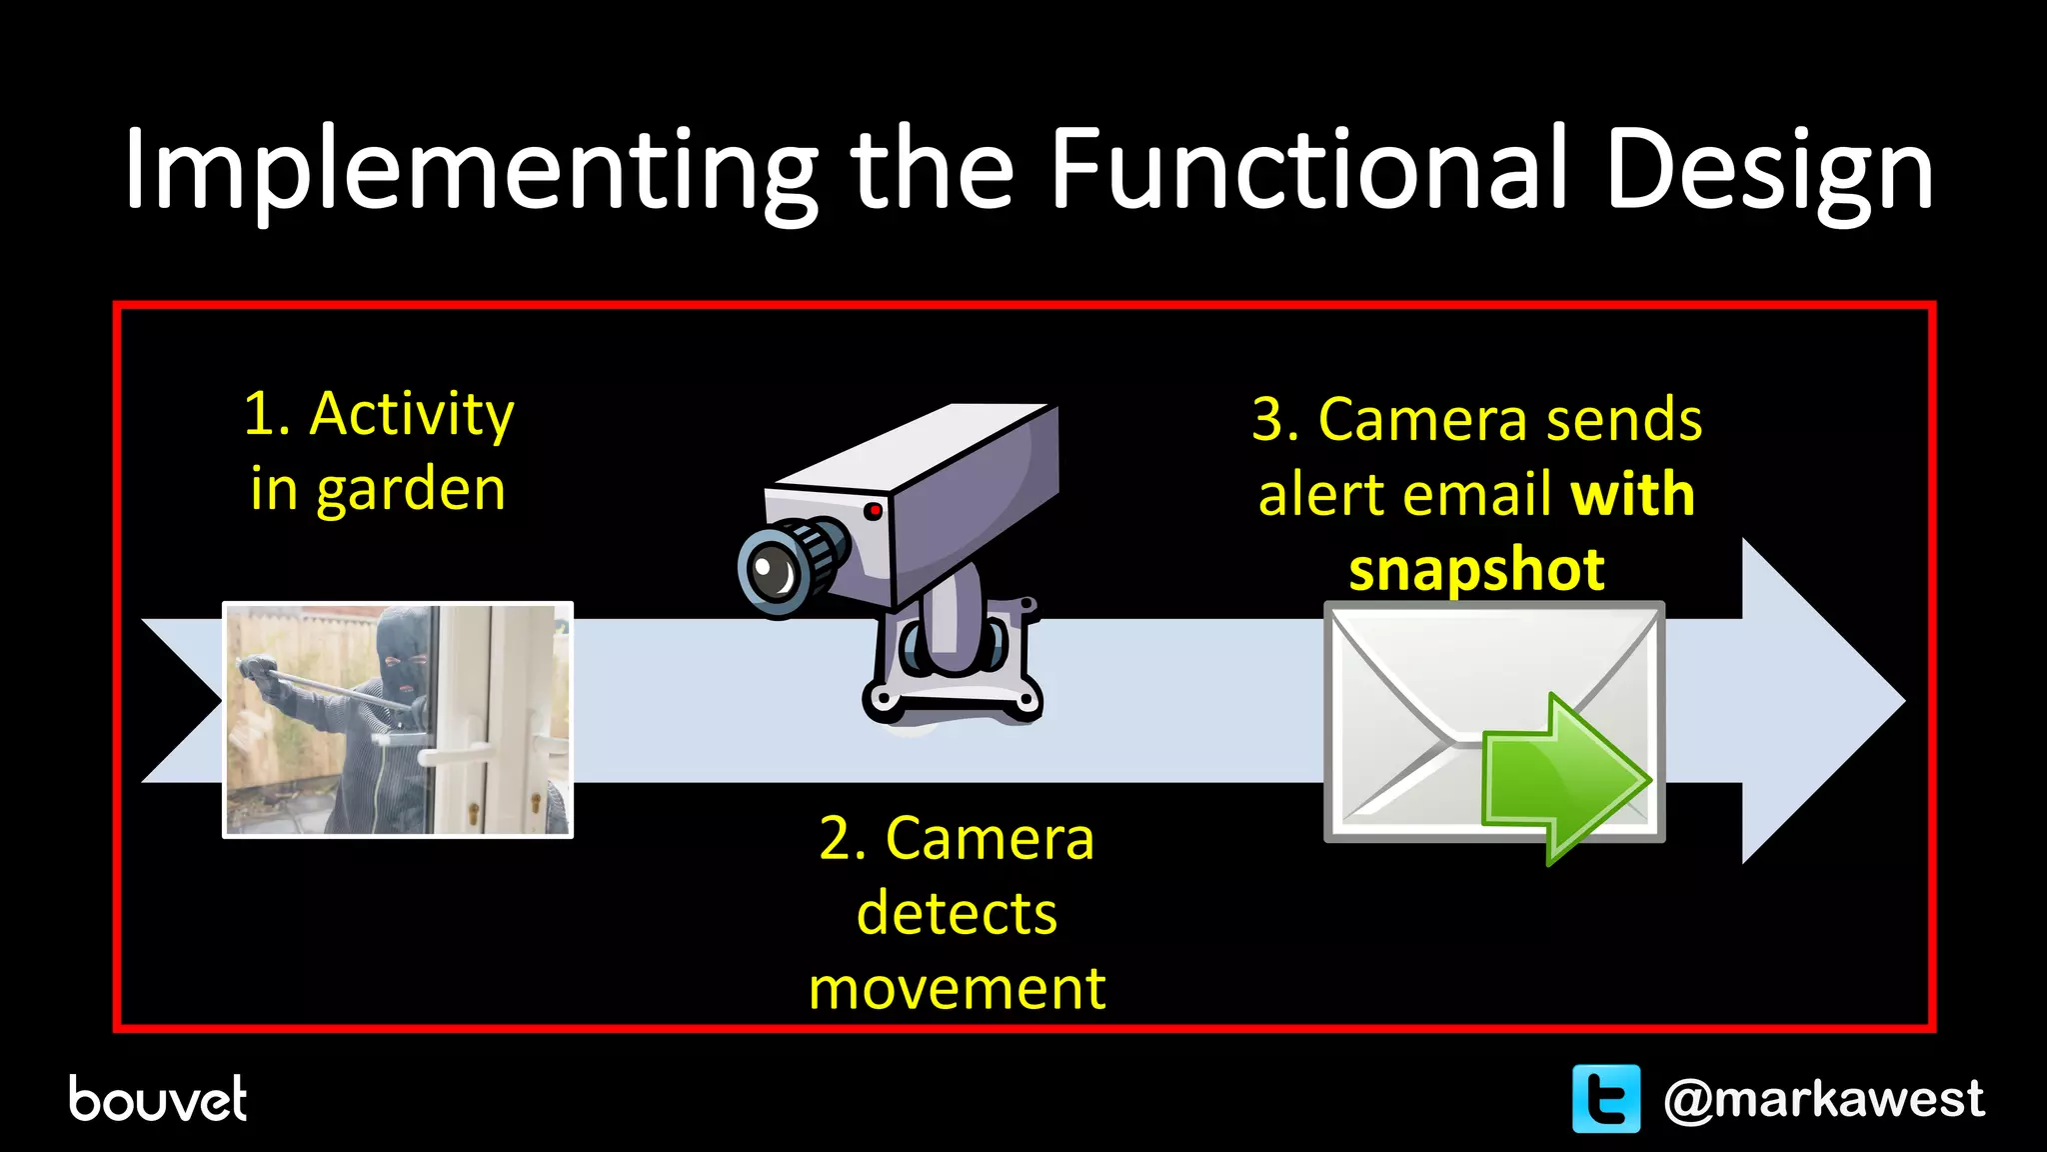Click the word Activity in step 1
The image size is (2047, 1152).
tap(412, 414)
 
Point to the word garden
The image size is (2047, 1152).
tap(411, 490)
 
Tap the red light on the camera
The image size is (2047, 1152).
tap(873, 511)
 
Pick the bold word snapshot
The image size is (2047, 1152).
tap(1476, 569)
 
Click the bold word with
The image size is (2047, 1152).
tap(1632, 494)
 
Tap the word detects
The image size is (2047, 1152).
tap(957, 913)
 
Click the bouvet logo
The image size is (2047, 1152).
tap(157, 1099)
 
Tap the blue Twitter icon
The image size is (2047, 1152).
tap(1605, 1099)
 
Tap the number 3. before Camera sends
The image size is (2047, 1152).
tap(1275, 419)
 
